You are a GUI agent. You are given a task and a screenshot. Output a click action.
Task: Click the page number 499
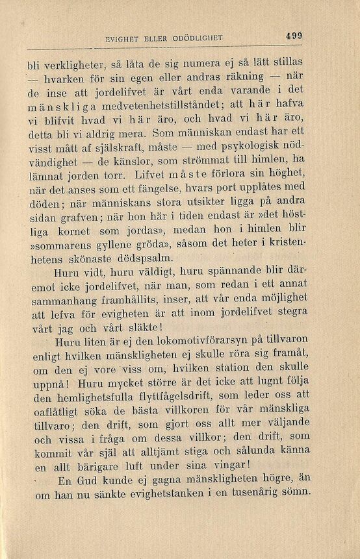(x=294, y=37)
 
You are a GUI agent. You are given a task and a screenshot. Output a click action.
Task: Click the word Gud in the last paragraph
(x=91, y=480)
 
